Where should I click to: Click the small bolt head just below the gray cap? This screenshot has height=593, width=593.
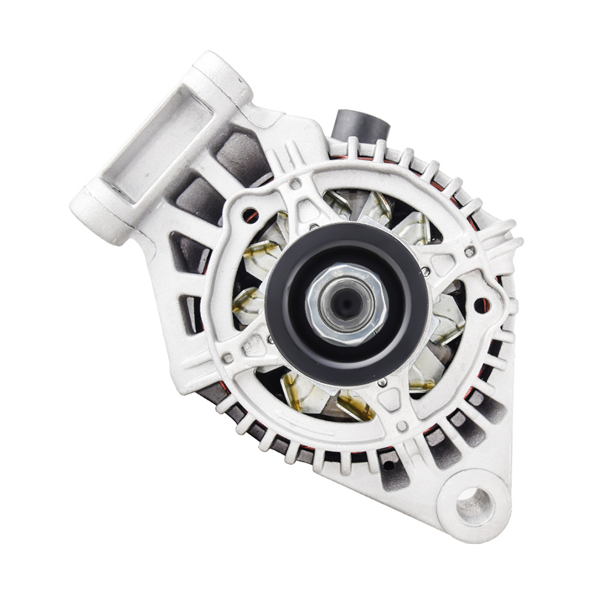click(296, 184)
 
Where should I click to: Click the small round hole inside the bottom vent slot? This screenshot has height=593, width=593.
click(385, 463)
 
